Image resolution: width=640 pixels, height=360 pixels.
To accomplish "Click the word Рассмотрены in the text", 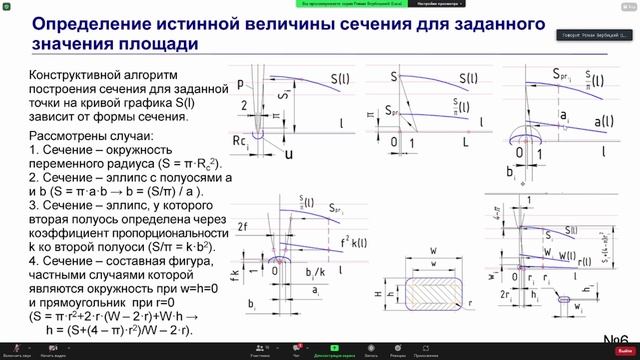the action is tap(73, 135).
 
